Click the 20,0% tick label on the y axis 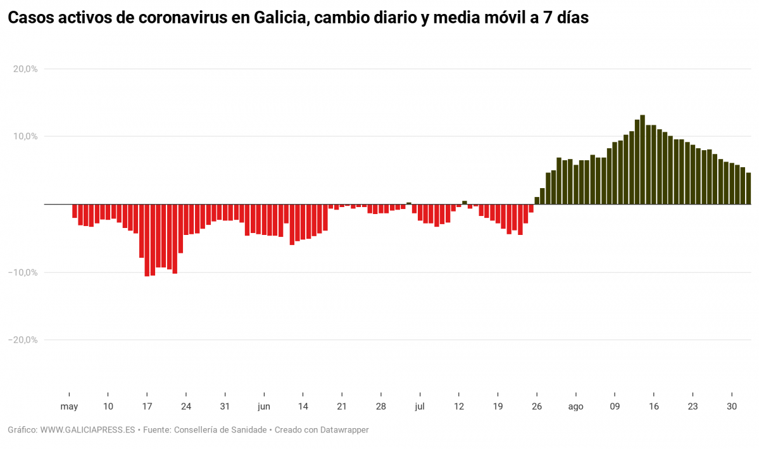tap(25, 69)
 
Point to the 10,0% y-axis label tap(25, 137)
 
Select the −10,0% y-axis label tap(23, 272)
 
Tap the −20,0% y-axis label tap(23, 340)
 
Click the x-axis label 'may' tap(69, 407)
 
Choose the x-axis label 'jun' tap(264, 407)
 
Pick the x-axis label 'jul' tap(419, 407)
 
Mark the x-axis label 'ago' tap(575, 407)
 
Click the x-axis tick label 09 tap(615, 407)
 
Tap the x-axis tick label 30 tap(732, 407)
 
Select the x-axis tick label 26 tap(537, 407)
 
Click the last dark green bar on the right tap(748, 189)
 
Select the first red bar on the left tap(75, 211)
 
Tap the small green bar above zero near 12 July tap(465, 203)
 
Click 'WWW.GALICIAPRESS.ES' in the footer tap(87, 430)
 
